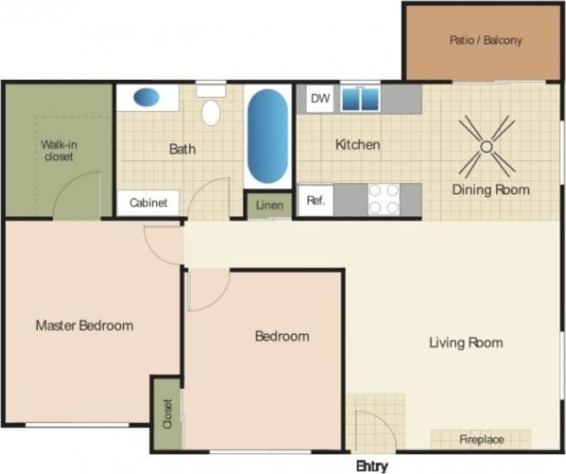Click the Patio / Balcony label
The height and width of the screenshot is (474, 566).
pos(485,39)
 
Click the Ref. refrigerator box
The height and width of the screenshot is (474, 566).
pos(315,201)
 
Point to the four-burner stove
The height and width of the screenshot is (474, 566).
pos(383,199)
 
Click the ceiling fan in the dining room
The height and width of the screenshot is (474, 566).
pos(486,145)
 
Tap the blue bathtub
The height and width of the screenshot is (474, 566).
pos(268,135)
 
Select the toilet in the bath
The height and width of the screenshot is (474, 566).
pos(211,109)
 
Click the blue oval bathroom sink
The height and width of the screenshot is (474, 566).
pos(146,98)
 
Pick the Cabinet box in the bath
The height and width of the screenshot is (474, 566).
pos(148,204)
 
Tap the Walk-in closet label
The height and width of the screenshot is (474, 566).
pos(58,150)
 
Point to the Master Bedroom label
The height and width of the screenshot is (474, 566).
pos(84,325)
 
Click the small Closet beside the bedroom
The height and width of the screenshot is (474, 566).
pos(167,413)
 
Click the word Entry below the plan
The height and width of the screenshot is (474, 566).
pos(371,466)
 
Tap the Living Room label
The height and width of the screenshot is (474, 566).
pos(465,342)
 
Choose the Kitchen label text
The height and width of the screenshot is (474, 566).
pos(357,145)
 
